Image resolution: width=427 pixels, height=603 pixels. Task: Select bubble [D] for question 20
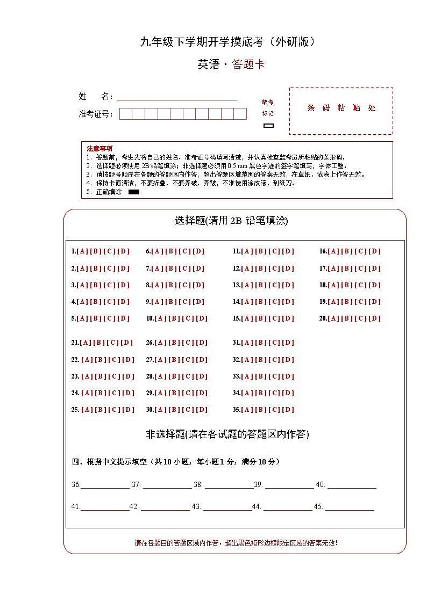(x=375, y=318)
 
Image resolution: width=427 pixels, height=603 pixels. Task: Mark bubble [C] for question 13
(x=275, y=285)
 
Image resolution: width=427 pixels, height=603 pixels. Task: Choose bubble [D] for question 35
(x=289, y=410)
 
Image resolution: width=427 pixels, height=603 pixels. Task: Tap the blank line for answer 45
(x=350, y=507)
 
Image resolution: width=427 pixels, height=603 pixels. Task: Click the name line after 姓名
(x=176, y=97)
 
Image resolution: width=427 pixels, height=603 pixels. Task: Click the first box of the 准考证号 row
(x=125, y=114)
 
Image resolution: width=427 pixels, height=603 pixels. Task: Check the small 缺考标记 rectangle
(x=268, y=126)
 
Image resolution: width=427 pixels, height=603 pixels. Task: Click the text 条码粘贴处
(x=341, y=108)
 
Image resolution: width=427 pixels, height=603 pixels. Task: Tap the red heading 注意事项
(x=99, y=148)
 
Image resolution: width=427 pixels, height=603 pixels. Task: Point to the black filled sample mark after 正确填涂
(x=134, y=192)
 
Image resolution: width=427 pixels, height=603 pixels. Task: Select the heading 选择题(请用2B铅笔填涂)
(x=231, y=221)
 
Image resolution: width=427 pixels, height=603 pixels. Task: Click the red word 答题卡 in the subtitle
(x=248, y=65)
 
